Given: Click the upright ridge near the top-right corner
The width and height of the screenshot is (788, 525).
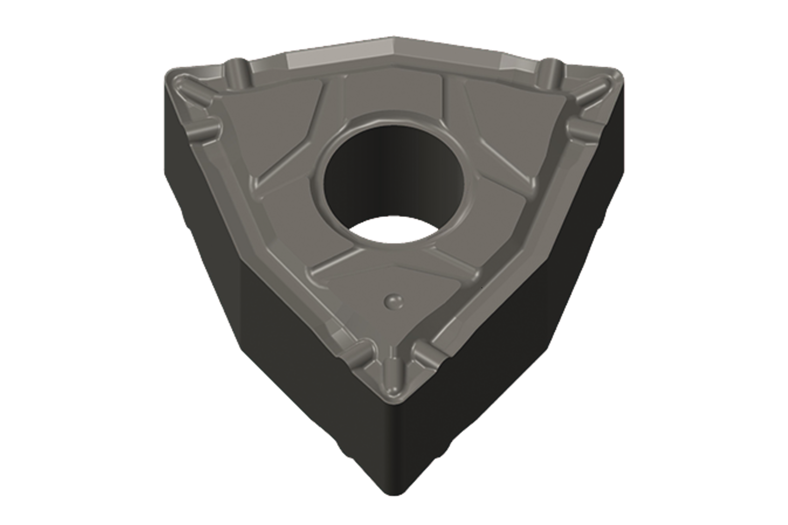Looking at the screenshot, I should [551, 72].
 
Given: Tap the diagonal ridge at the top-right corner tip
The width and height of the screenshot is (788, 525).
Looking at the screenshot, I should [592, 93].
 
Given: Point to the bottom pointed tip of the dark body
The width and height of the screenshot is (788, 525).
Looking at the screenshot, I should [394, 492].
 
